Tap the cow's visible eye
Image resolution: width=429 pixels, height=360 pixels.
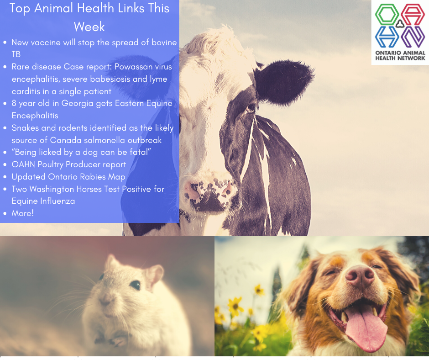(x=251, y=107)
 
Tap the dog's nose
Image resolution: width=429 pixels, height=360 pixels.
(x=360, y=276)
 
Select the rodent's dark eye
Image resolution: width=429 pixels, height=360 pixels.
(x=135, y=285)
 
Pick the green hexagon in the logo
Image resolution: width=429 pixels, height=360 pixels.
(x=387, y=14)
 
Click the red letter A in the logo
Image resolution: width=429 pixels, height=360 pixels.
(x=413, y=14)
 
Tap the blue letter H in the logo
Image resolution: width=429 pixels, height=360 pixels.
(x=387, y=37)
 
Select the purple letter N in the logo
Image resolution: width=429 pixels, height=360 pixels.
(x=413, y=37)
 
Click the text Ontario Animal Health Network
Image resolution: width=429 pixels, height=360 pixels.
(x=400, y=55)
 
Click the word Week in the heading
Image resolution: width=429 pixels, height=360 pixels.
(x=89, y=26)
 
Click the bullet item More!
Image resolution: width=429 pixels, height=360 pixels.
(x=23, y=213)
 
